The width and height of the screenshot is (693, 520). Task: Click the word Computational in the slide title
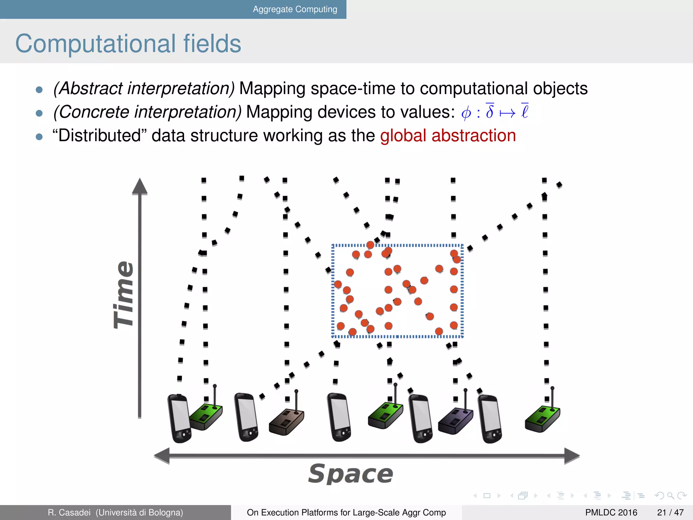click(95, 44)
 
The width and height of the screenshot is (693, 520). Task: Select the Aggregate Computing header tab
click(295, 9)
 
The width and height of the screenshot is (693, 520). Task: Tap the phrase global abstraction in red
click(448, 136)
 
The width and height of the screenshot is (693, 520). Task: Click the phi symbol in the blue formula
click(466, 112)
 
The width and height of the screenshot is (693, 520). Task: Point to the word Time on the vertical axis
click(124, 295)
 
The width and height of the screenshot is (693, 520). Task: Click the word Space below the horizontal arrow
click(351, 474)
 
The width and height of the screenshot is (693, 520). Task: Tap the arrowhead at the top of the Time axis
click(140, 187)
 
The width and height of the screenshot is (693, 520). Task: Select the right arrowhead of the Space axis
click(572, 456)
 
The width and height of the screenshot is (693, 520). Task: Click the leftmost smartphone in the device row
click(179, 418)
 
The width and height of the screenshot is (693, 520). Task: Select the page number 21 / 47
click(670, 513)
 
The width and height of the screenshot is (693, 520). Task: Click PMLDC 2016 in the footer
click(611, 513)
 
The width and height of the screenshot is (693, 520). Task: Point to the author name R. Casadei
click(69, 513)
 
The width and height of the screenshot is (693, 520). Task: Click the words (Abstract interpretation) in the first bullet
click(144, 88)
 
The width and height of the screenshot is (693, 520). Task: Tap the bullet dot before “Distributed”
click(39, 137)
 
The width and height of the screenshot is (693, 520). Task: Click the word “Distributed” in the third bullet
click(99, 136)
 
